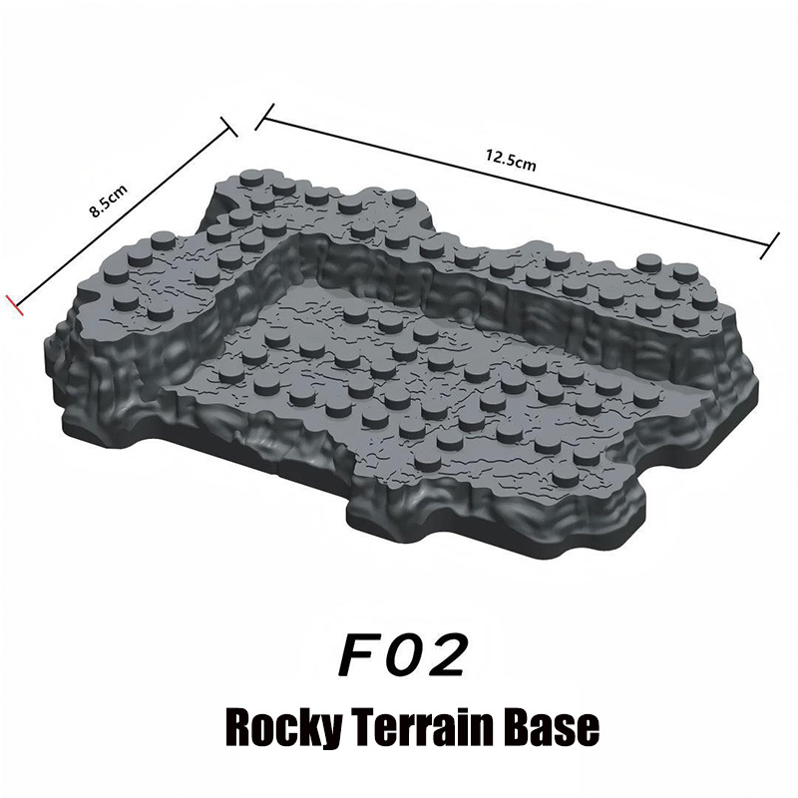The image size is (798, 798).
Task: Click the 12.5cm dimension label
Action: [x=511, y=160]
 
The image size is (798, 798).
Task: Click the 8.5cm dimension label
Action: [x=108, y=201]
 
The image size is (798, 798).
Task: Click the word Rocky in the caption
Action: [x=283, y=728]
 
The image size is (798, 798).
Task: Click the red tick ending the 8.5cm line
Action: [x=14, y=304]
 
